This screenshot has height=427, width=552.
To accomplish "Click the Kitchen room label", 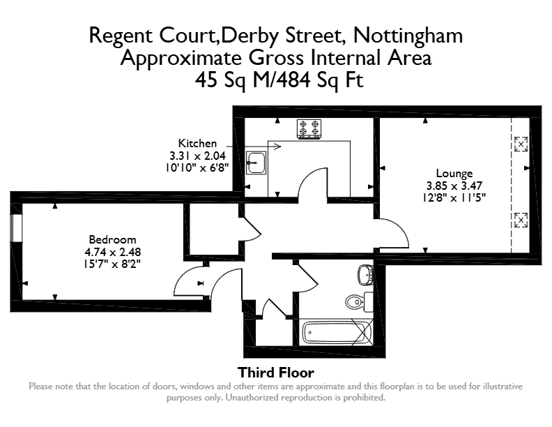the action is point(197,144).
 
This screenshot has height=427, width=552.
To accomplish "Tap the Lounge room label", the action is point(454,173).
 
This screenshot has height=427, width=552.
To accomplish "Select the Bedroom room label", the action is point(112,239).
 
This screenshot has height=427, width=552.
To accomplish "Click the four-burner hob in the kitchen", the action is point(309,128).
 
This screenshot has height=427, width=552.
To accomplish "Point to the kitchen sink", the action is point(256,163).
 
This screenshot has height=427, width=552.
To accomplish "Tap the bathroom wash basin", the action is point(365,275).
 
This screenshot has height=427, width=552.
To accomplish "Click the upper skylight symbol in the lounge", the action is point(521,144).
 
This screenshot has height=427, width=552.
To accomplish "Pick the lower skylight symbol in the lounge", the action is point(521,220).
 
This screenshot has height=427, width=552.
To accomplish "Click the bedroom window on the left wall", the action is point(16,227).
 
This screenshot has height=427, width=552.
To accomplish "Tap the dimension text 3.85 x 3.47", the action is point(454,186).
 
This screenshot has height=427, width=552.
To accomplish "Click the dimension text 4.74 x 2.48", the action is point(113,252).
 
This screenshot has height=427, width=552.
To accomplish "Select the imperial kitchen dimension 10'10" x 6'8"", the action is point(197,167).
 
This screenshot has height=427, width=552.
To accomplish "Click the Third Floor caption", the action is point(276,373).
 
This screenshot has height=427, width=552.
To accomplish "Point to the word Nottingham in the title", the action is point(408,36).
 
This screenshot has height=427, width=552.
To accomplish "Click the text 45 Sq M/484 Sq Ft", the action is point(279,80).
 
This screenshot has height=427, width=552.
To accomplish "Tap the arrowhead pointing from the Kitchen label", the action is point(277,147).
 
